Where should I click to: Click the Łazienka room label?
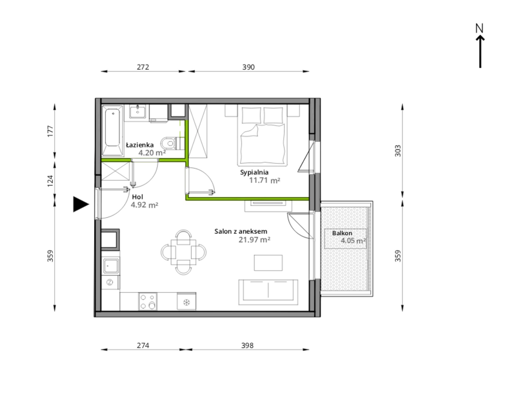[140, 145]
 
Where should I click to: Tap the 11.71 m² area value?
[264, 180]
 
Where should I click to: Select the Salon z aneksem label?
[241, 231]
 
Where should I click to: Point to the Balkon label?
[342, 233]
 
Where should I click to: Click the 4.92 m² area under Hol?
[145, 205]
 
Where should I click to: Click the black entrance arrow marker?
[81, 205]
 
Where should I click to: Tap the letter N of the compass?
[479, 28]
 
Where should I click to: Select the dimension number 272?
[143, 67]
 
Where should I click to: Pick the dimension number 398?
[247, 345]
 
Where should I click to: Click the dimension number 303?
[398, 151]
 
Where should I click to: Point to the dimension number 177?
[50, 131]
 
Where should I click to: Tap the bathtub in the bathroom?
[113, 130]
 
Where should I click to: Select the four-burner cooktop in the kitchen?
[148, 301]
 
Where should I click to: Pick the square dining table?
[183, 252]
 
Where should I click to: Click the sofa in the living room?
[268, 292]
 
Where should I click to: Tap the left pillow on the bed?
[251, 115]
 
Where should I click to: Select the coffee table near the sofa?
[268, 263]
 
